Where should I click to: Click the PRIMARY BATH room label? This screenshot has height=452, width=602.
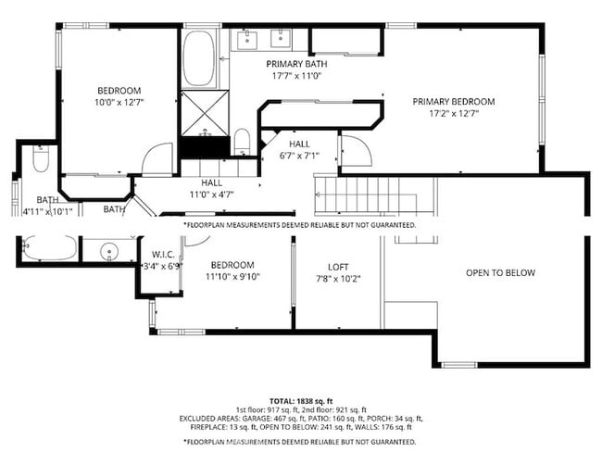tap(293, 64)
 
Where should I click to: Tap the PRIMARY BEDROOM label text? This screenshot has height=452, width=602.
tap(453, 102)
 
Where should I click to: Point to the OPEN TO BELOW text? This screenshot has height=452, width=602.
tap(500, 273)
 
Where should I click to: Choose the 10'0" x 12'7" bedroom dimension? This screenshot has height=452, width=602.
tap(119, 102)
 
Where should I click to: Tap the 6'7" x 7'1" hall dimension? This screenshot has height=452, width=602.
tap(299, 156)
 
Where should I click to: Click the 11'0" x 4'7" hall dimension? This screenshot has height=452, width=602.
tap(212, 195)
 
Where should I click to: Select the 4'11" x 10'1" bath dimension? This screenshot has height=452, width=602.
tap(46, 211)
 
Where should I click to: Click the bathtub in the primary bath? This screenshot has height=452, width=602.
tap(198, 58)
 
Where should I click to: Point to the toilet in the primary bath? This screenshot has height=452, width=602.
tap(242, 142)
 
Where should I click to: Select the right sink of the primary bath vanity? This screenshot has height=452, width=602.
tap(278, 38)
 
